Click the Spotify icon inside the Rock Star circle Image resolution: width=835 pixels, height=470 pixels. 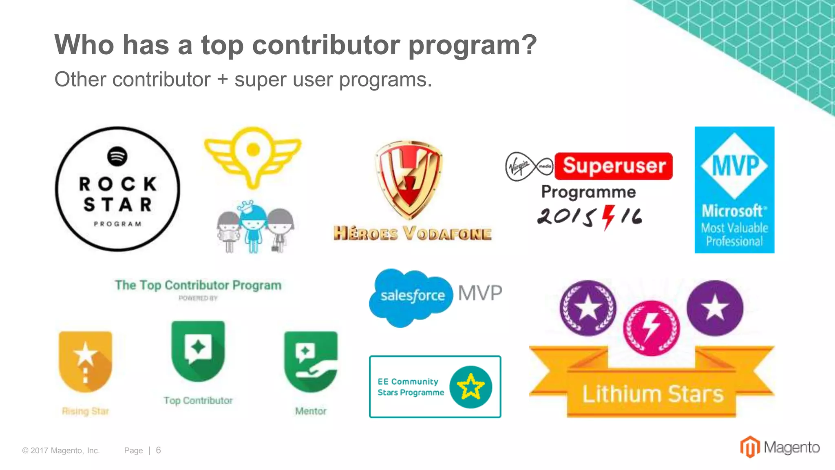point(117,156)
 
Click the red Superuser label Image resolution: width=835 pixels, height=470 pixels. point(614,166)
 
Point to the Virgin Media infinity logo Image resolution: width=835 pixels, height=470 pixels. point(529,166)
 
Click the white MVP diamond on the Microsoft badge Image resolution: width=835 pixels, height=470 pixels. point(734,166)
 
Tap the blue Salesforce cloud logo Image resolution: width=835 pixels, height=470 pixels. point(411,297)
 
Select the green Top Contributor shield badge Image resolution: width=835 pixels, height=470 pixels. point(198,350)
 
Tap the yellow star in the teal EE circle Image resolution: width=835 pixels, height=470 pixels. point(471,387)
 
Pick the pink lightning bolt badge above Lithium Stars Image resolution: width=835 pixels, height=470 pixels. point(652,328)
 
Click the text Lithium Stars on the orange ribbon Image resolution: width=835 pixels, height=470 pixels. point(652,394)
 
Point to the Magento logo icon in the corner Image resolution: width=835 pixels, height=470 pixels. point(749,447)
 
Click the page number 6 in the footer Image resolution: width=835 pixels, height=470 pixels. point(158,450)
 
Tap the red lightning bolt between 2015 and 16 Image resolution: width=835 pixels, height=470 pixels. point(608,217)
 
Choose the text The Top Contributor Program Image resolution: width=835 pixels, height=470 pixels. point(198,285)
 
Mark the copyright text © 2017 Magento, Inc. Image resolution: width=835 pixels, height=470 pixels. point(61,450)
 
